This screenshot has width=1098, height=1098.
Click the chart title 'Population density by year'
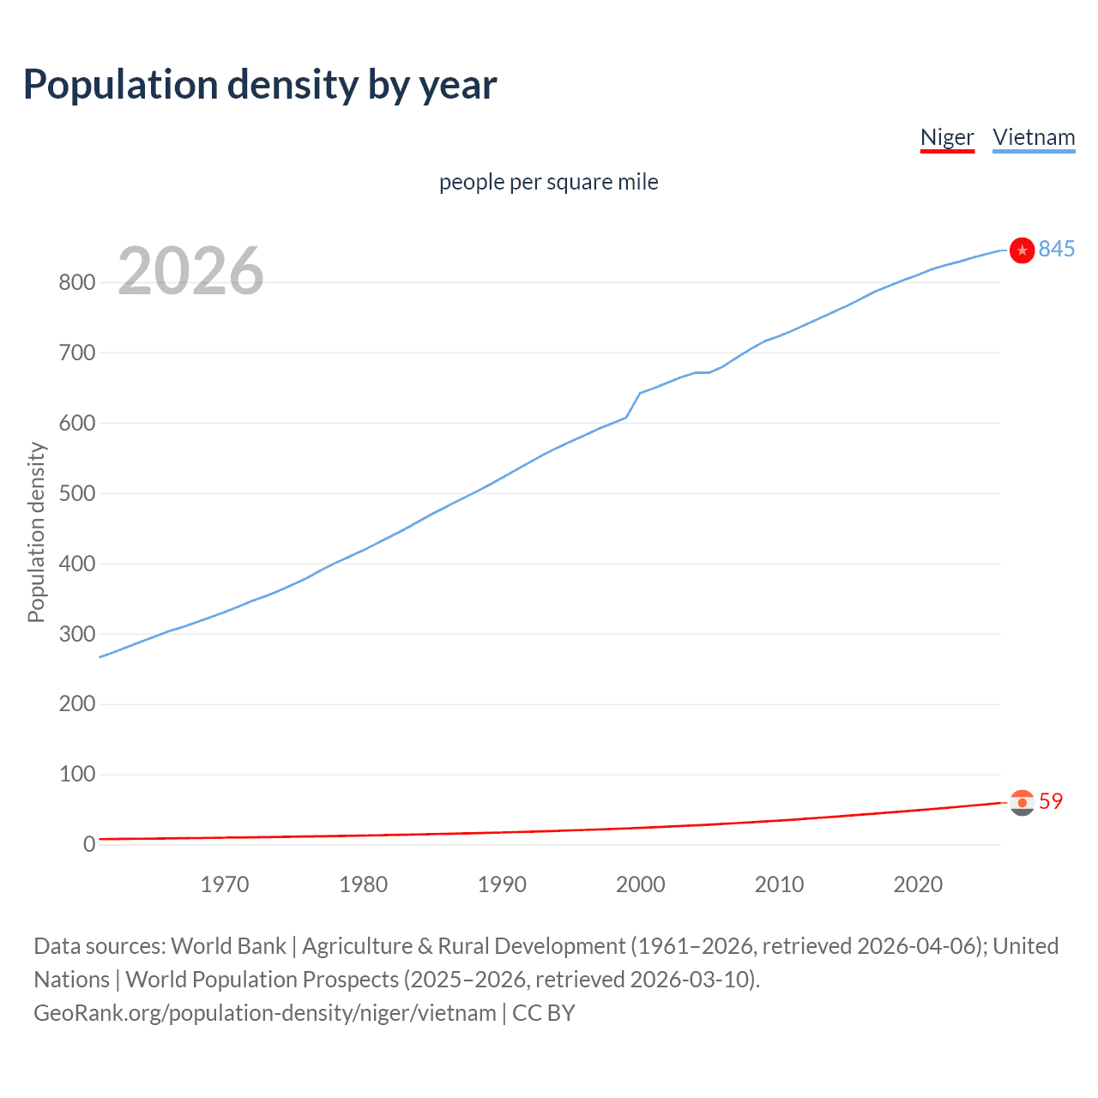pos(260,85)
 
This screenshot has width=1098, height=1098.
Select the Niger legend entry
pos(947,137)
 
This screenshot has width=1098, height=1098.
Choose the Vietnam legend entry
pos(1034,137)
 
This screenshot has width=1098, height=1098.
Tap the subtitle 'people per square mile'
pos(548,182)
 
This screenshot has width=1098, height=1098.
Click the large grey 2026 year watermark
pos(190,271)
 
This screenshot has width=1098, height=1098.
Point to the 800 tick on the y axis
pos(76,282)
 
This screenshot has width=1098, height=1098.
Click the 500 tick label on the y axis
pos(76,493)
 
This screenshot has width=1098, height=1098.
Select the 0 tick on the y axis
pos(89,845)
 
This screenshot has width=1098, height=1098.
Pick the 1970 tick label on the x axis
pos(225,884)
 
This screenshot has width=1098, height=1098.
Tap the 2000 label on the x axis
pos(641,884)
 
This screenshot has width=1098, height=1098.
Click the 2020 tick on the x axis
pos(918,884)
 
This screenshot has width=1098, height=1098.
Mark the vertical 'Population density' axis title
pos(36,532)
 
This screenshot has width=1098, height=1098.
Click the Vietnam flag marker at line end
pos(1022,250)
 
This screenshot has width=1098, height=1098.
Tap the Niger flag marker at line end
pos(1022,802)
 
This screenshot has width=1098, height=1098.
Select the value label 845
pos(1057,249)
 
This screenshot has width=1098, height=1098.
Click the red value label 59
pos(1051,801)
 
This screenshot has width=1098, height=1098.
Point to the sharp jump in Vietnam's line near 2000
pos(633,405)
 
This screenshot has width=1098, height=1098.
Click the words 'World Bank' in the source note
pos(228,946)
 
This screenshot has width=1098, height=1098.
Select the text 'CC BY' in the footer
pos(544,1013)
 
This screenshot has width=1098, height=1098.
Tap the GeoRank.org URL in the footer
pos(264,1013)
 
